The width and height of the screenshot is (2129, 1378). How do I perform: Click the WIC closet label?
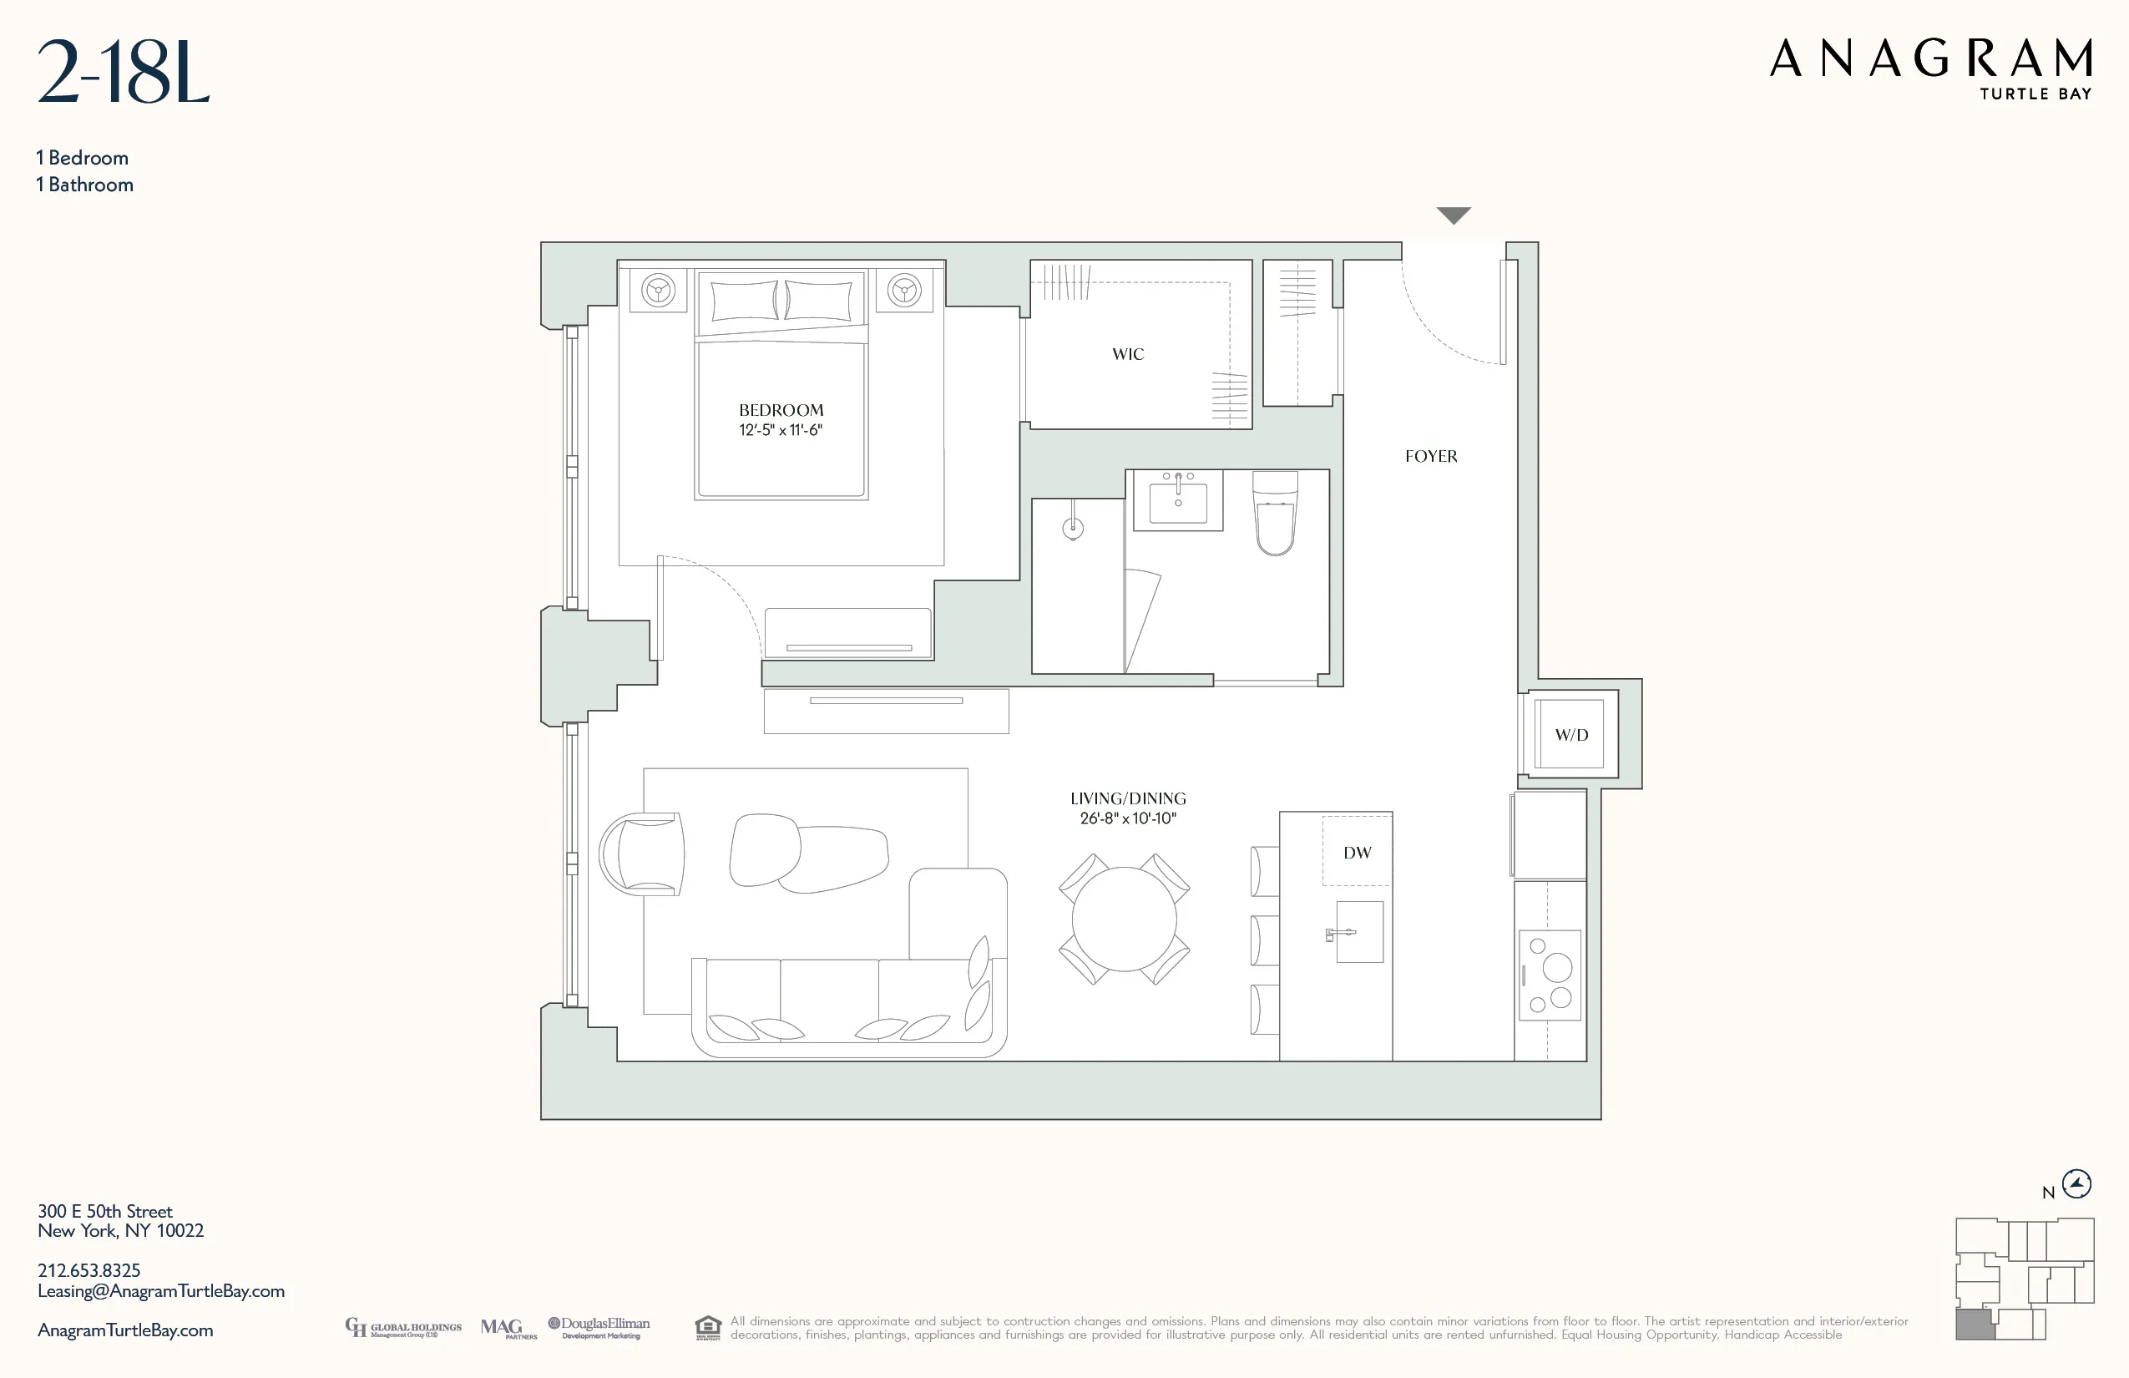pyautogui.click(x=1127, y=354)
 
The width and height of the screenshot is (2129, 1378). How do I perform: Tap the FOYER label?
pyautogui.click(x=1430, y=456)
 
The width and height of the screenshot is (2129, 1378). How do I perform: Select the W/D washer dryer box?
pyautogui.click(x=1570, y=735)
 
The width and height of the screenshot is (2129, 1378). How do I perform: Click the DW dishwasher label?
pyautogui.click(x=1356, y=853)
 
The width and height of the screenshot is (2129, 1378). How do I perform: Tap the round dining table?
pyautogui.click(x=1124, y=919)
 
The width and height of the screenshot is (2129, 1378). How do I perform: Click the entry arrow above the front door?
pyautogui.click(x=1453, y=215)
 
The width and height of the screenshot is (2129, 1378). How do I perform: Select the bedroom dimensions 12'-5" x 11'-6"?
pyautogui.click(x=780, y=430)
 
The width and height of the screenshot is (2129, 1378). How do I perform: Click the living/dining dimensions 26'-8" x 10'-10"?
pyautogui.click(x=1127, y=818)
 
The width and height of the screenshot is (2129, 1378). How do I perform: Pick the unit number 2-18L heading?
pyautogui.click(x=124, y=73)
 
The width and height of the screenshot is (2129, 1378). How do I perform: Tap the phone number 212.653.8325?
pyautogui.click(x=88, y=1270)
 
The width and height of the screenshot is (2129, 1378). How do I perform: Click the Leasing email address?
pyautogui.click(x=161, y=1291)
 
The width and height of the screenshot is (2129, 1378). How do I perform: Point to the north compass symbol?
pyautogui.click(x=2076, y=1184)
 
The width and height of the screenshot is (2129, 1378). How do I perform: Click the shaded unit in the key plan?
pyautogui.click(x=1975, y=1325)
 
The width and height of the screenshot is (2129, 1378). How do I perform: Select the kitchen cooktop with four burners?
pyautogui.click(x=1550, y=975)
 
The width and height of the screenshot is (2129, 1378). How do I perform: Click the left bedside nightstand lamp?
pyautogui.click(x=659, y=290)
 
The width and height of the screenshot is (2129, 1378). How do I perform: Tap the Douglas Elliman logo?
pyautogui.click(x=599, y=1328)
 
